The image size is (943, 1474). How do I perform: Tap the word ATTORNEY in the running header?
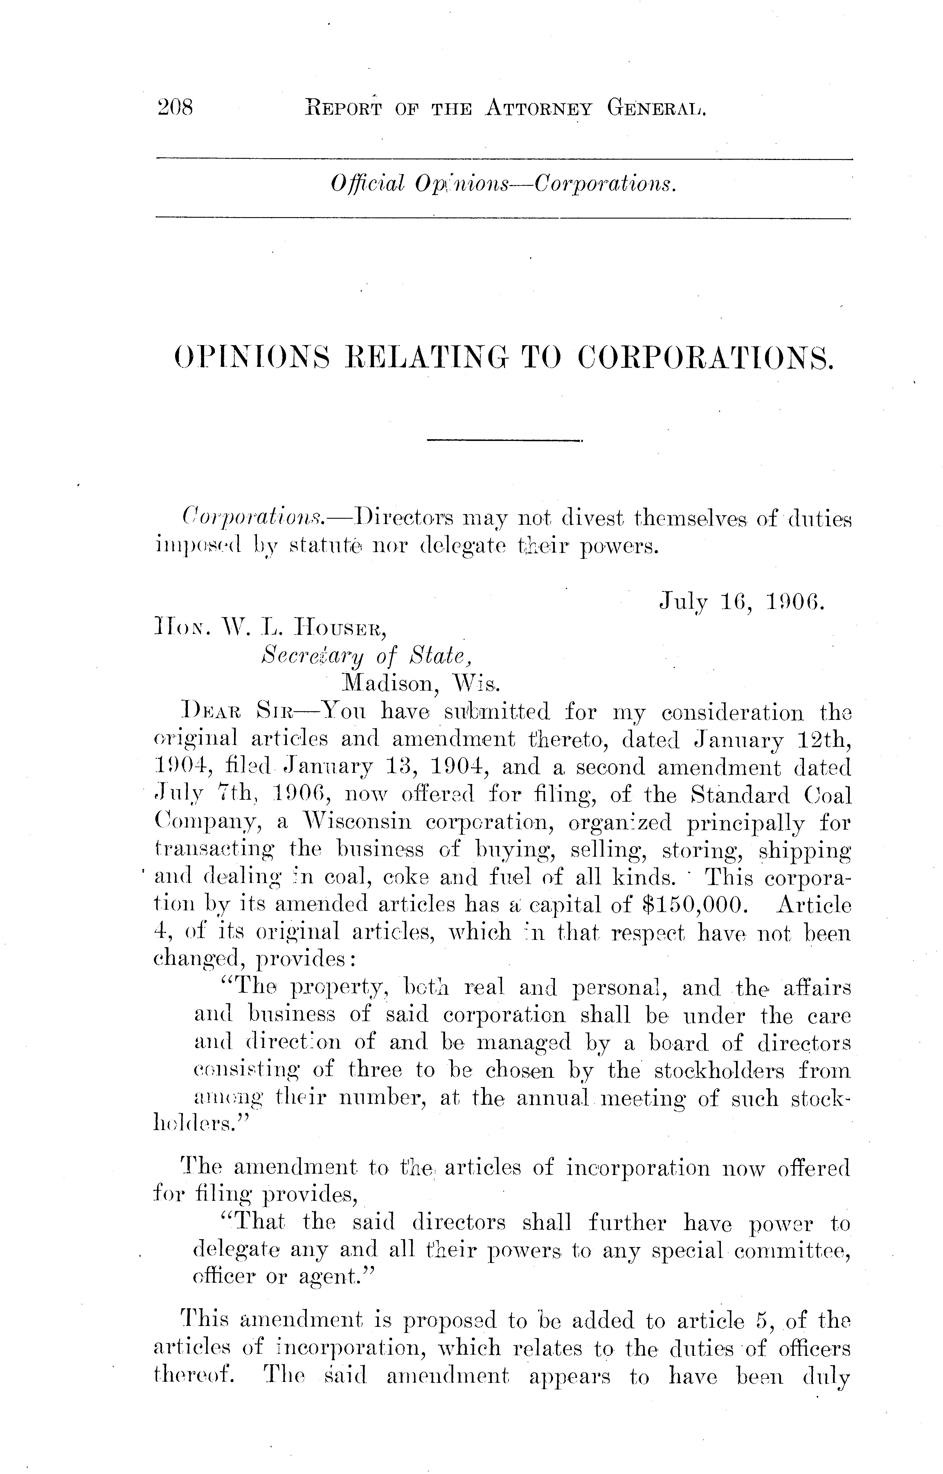coord(538,109)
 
